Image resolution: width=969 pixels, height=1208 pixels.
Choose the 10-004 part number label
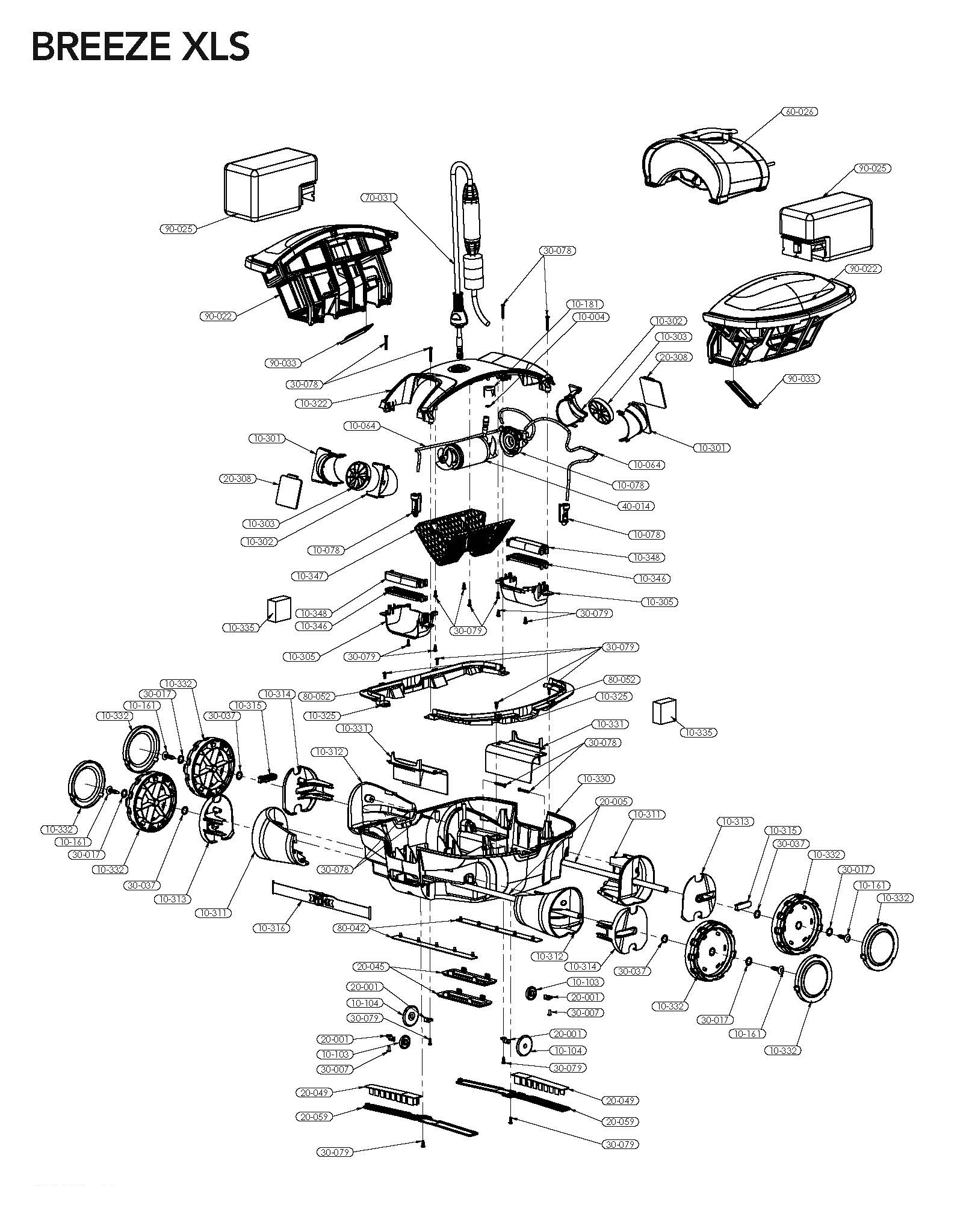590,316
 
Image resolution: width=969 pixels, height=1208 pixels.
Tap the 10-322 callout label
314,403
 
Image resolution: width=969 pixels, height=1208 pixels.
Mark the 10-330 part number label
596,778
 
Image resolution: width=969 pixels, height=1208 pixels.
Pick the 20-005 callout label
613,801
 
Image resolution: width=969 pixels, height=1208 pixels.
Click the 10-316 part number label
271,928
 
